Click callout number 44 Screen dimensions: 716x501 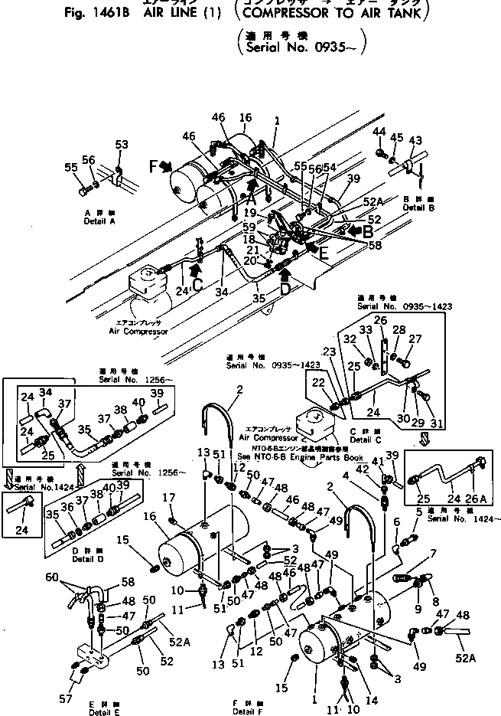click(379, 132)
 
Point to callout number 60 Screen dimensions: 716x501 click(50, 577)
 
